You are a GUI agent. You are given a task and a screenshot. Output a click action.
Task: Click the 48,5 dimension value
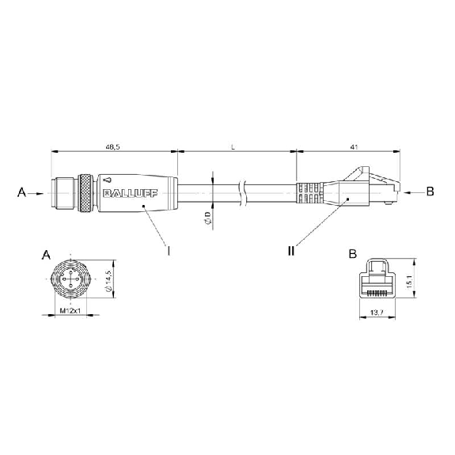[112, 147]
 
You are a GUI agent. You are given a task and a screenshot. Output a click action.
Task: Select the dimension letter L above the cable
[233, 147]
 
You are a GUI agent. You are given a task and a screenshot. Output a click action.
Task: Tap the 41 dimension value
[354, 147]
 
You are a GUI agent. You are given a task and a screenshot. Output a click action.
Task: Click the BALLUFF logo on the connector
[131, 194]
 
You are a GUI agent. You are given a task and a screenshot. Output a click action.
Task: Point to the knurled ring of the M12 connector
[86, 193]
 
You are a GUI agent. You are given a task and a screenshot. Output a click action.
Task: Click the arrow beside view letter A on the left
[36, 193]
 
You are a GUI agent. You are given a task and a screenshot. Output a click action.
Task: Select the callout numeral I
[169, 250]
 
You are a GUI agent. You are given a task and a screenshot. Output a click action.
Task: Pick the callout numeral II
[291, 250]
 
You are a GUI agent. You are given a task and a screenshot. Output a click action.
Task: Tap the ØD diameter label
[207, 218]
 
